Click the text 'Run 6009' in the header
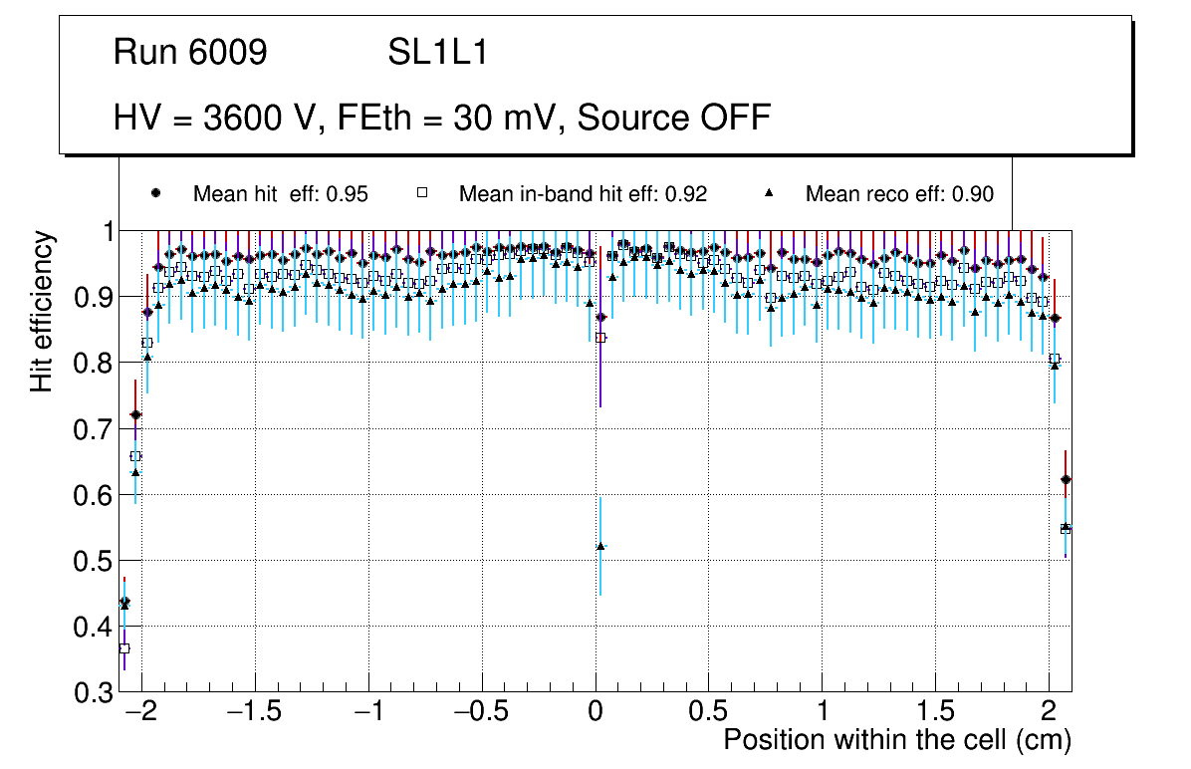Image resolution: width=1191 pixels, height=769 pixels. click(x=190, y=53)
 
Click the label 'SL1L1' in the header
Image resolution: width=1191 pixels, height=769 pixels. click(x=438, y=53)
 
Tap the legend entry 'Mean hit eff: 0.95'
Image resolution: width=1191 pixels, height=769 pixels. click(x=280, y=194)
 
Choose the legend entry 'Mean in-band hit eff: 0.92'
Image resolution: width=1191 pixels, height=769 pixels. click(x=583, y=194)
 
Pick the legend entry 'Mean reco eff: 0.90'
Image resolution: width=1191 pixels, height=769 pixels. click(x=899, y=194)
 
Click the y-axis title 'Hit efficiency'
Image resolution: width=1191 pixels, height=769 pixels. click(x=43, y=311)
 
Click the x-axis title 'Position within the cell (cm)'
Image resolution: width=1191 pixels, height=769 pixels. click(x=897, y=740)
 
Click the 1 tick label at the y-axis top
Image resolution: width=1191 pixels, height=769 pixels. click(x=104, y=231)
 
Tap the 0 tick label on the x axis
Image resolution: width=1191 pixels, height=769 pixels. click(x=595, y=712)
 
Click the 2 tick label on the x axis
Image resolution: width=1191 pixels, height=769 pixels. click(x=1049, y=712)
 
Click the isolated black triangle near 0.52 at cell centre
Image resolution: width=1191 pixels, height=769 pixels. click(x=600, y=546)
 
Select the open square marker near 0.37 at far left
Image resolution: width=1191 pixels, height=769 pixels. click(x=124, y=648)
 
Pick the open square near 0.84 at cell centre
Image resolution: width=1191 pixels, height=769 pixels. click(x=600, y=338)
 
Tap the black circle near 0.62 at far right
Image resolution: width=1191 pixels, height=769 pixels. click(x=1066, y=479)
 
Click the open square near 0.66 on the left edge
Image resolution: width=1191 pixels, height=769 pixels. click(x=135, y=456)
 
